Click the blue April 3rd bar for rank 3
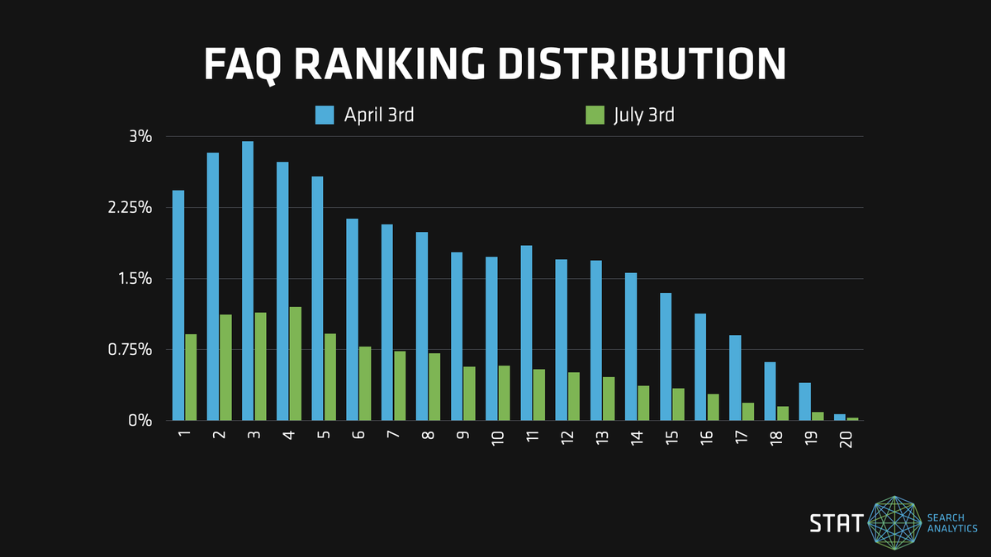248,281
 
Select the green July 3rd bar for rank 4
295,363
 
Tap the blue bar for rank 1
178,305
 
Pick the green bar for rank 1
191,377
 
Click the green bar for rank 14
643,403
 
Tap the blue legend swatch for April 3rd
324,115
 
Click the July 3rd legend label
644,115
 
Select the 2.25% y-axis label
131,207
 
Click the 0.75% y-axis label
131,349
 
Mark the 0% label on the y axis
140,420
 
